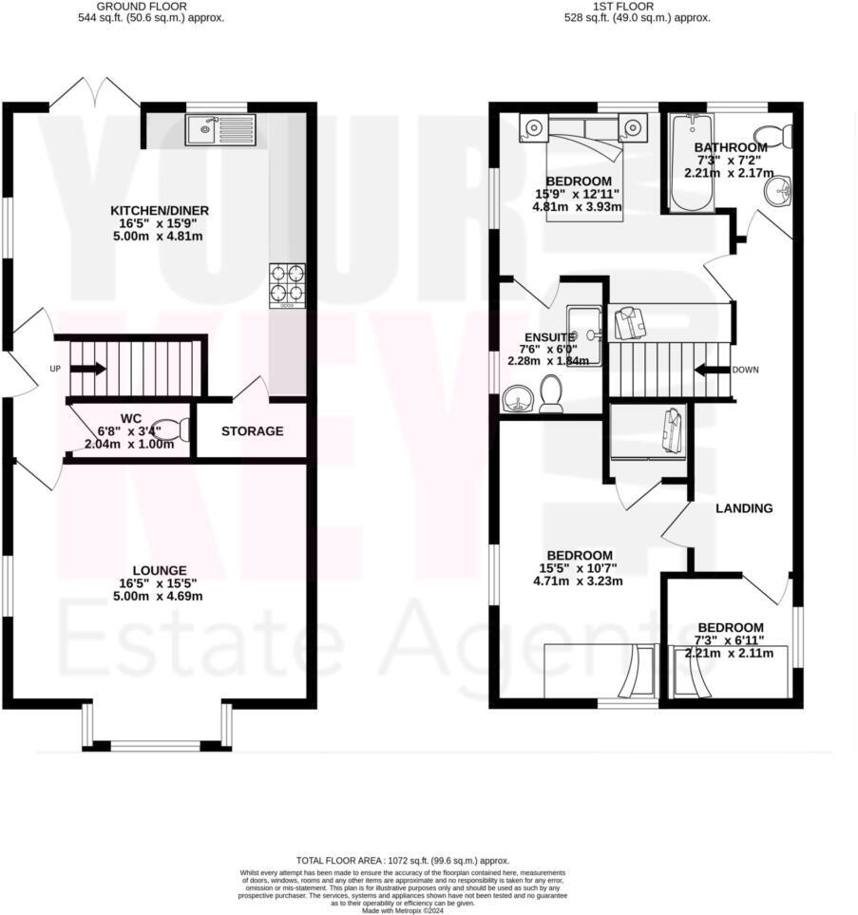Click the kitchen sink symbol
[220, 129]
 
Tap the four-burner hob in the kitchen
[287, 283]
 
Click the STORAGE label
[252, 431]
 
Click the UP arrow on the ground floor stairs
[88, 369]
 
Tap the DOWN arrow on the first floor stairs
[713, 370]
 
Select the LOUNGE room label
[159, 571]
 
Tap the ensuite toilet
[550, 393]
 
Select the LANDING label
[744, 508]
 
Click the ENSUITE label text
[549, 337]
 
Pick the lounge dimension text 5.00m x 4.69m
[159, 597]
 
